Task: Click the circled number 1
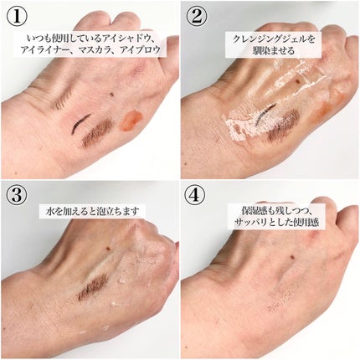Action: coord(17,17)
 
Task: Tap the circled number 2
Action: coord(197,17)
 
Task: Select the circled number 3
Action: coord(17,195)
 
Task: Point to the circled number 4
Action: coord(197,195)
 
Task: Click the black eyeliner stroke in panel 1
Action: coord(80,122)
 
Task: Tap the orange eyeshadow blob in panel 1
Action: coord(131,121)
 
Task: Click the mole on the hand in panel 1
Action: coord(112,95)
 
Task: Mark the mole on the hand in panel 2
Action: coord(296,81)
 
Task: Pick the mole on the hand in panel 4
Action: coord(292,256)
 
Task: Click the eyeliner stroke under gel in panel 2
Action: coord(265,114)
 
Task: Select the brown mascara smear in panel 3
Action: coord(93,287)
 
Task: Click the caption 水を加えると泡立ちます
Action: coord(92,211)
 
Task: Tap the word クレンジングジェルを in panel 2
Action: coord(274,39)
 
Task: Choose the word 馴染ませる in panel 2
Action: coord(274,51)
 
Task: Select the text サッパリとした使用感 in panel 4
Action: coord(276,223)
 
